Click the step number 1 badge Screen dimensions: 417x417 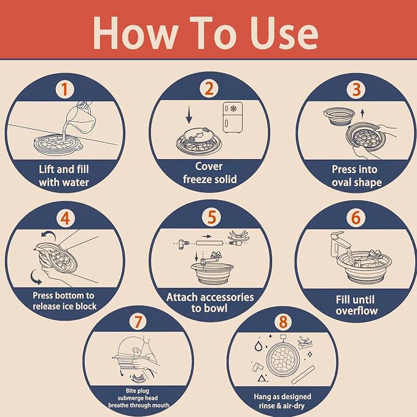click(64, 90)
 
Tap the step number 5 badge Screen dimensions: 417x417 click(211, 217)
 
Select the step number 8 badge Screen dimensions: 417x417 click(283, 322)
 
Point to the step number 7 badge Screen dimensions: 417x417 click(138, 322)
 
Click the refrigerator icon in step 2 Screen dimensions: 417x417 click(233, 117)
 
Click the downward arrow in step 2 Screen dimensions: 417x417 click(189, 115)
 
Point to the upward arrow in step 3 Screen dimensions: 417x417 click(362, 114)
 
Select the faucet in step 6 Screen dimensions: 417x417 click(341, 244)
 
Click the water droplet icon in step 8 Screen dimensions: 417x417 click(258, 346)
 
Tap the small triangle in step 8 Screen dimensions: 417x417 click(262, 378)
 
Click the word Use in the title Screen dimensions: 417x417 click(284, 33)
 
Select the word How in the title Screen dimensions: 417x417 click(135, 33)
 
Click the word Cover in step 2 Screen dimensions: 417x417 click(209, 166)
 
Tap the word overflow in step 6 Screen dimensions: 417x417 click(357, 311)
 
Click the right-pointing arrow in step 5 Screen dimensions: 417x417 click(206, 236)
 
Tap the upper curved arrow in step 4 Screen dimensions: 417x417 click(49, 234)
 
